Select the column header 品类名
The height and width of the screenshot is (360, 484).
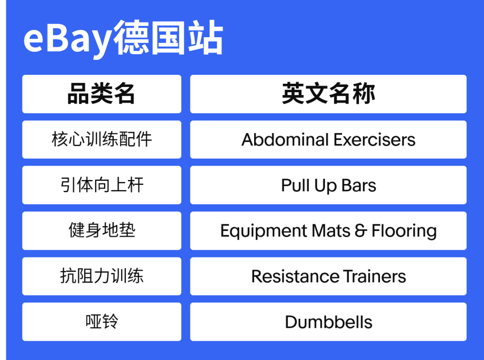(101, 94)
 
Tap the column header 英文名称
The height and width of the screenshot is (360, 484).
(328, 94)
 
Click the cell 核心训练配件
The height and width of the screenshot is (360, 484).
(102, 139)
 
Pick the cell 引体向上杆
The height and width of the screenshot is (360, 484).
(102, 185)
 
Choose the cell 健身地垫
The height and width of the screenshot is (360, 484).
(102, 231)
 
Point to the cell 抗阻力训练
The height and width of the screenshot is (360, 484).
(102, 276)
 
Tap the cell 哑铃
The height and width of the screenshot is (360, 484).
(102, 322)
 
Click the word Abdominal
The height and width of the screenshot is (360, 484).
(285, 139)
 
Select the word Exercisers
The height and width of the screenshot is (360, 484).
(374, 139)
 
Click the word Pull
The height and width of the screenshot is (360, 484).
(295, 185)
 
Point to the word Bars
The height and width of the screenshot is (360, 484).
(359, 185)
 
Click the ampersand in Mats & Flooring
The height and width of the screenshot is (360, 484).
(361, 231)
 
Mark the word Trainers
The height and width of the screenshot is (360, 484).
(374, 276)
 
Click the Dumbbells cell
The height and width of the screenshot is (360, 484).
(328, 322)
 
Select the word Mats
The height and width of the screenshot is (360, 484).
(331, 231)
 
